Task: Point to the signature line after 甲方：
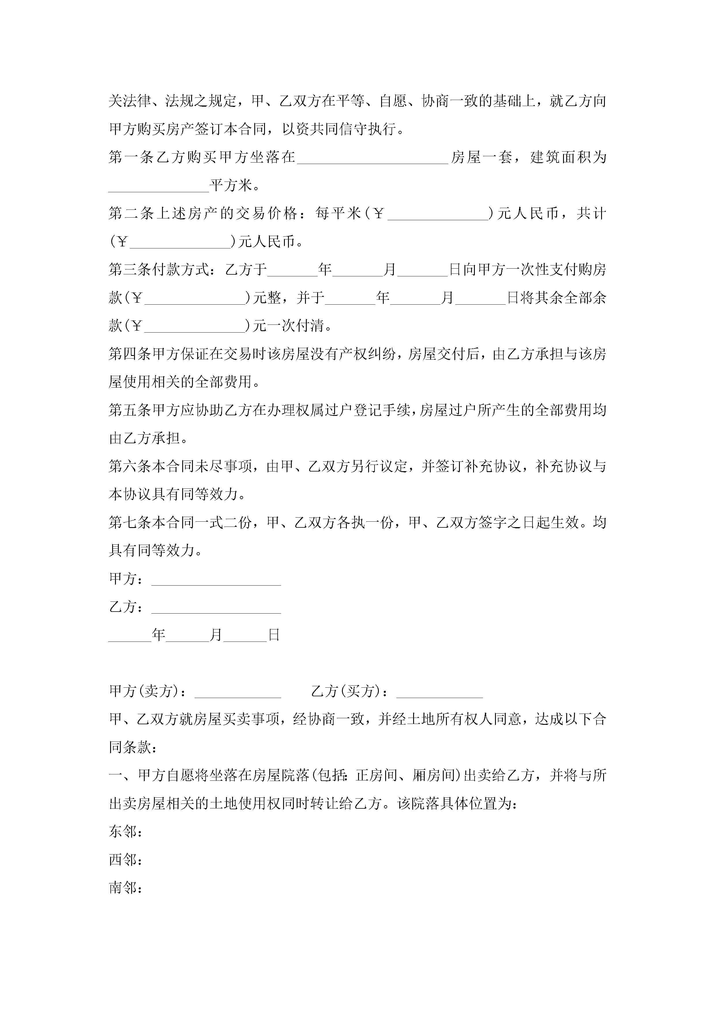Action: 216,580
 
